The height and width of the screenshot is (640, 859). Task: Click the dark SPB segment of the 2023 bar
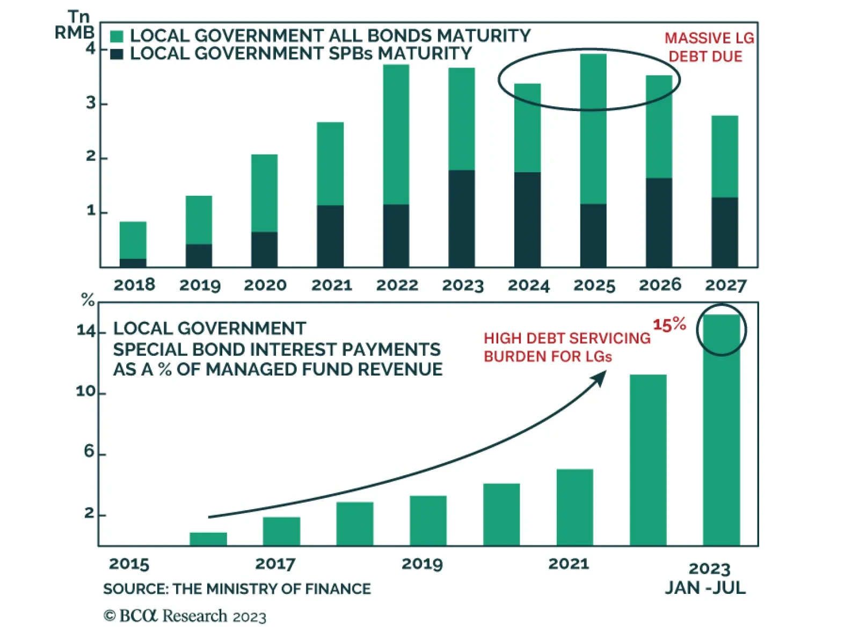(462, 218)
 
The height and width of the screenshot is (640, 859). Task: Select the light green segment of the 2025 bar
(593, 129)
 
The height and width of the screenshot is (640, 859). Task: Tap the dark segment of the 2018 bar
(133, 263)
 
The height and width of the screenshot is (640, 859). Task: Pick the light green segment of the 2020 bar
(264, 193)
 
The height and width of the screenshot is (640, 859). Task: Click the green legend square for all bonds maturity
(117, 36)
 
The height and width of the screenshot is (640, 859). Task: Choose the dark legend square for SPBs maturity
(117, 54)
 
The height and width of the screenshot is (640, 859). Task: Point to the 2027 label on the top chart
(725, 285)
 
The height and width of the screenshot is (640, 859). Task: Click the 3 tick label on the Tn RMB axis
(91, 103)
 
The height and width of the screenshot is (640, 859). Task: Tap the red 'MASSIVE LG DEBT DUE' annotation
(708, 47)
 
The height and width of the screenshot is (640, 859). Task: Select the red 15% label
(669, 325)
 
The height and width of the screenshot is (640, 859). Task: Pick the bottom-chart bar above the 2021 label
(574, 507)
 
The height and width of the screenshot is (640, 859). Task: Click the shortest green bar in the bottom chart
(208, 539)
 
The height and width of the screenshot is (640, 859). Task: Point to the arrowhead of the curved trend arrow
(600, 377)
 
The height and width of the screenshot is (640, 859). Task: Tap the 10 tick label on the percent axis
(86, 391)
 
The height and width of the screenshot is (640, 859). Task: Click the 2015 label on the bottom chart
(129, 564)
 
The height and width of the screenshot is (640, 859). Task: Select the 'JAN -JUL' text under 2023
(705, 588)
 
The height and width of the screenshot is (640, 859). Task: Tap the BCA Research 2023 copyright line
(185, 616)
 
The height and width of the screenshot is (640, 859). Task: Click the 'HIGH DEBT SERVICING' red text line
(567, 338)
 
